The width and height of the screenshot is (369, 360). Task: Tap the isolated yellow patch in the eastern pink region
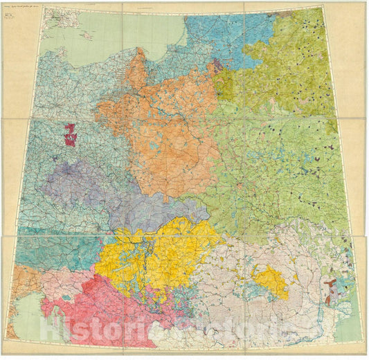pos(271,280)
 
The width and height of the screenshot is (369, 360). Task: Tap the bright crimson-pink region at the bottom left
pos(90,305)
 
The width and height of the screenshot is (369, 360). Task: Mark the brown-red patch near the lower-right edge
pos(331,284)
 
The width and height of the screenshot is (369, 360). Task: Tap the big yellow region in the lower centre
pos(159,256)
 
